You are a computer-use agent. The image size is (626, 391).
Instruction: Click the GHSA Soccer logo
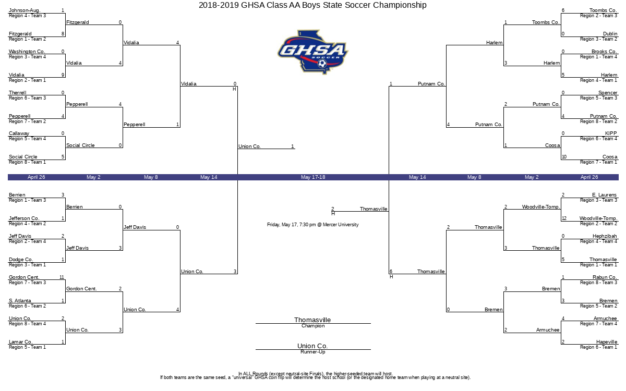click(312, 52)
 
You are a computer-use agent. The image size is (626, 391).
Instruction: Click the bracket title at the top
click(312, 5)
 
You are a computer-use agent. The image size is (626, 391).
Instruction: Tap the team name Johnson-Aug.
click(25, 10)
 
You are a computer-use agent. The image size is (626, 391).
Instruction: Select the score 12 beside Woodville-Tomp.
click(564, 218)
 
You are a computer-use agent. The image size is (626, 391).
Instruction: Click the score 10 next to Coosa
click(564, 157)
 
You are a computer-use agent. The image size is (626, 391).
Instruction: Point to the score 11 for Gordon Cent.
click(62, 277)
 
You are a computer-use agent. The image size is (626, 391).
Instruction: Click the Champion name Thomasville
click(312, 320)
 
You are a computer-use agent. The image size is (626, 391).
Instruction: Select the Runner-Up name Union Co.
click(312, 346)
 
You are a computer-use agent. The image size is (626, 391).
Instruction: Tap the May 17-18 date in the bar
click(313, 177)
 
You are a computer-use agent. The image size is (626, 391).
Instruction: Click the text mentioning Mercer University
click(312, 225)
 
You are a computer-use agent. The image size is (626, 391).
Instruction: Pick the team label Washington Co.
click(27, 52)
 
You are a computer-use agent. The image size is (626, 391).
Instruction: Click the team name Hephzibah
click(605, 236)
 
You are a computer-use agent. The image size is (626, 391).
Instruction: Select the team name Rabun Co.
click(605, 277)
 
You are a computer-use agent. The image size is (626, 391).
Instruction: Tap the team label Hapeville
click(606, 342)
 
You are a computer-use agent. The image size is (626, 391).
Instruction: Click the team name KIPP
click(611, 133)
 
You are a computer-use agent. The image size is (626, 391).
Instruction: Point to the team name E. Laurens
click(604, 195)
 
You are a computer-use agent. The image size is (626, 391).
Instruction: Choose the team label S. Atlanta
click(20, 301)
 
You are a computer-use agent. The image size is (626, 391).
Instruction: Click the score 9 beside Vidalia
click(63, 75)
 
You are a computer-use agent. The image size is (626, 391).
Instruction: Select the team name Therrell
click(17, 93)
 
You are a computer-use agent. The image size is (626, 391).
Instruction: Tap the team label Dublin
click(610, 34)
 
